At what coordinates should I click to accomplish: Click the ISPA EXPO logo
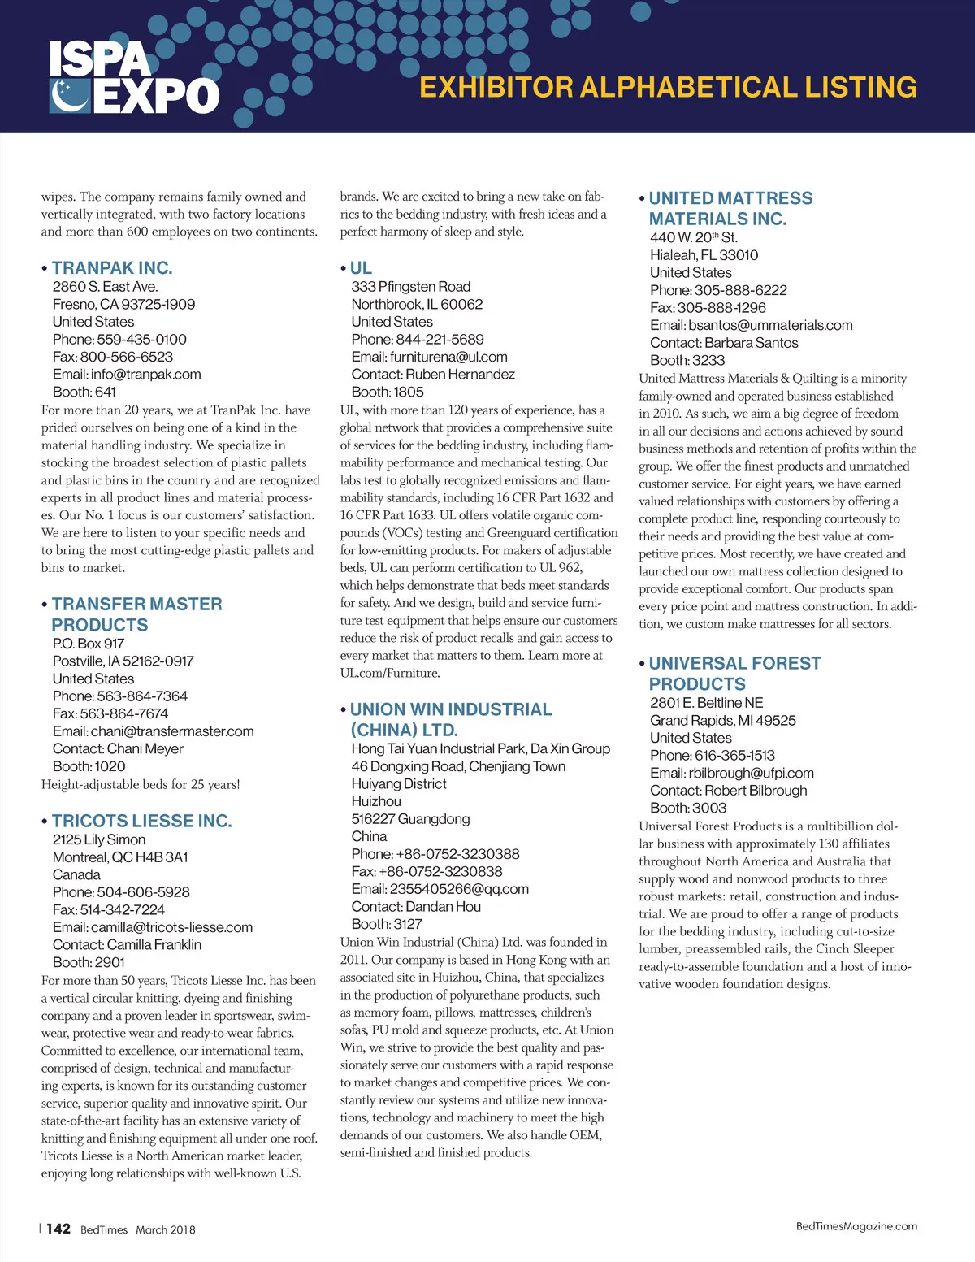pos(134,78)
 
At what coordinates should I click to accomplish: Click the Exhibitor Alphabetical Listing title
pos(668,88)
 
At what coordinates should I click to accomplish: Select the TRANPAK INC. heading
pos(112,268)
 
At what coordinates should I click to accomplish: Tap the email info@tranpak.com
pos(127,375)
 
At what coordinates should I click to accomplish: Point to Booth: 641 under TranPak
pos(84,392)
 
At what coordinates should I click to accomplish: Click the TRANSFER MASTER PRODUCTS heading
pos(136,614)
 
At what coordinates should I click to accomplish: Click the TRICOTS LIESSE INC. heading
pos(141,821)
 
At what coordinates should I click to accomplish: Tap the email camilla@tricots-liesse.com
pos(153,927)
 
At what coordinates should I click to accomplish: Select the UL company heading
pos(361,268)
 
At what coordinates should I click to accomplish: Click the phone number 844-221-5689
pos(418,339)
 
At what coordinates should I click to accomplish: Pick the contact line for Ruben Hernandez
pos(433,374)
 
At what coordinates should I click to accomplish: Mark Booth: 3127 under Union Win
pos(387,924)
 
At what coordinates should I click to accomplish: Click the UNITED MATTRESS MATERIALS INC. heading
pos(730,208)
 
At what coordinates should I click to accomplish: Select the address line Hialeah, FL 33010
pos(704,255)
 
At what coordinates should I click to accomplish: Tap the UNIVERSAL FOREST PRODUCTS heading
pos(734,674)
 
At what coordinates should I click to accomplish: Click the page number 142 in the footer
pos(58,1229)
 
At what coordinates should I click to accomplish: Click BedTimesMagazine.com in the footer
pos(856,1226)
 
